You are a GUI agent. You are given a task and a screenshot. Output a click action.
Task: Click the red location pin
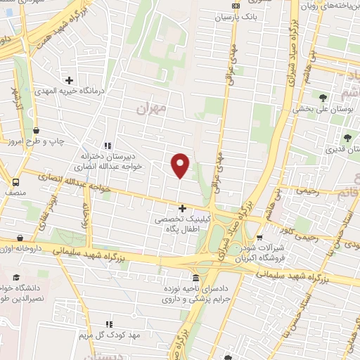[181, 165]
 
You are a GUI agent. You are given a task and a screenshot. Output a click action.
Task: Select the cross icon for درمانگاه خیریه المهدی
[69, 80]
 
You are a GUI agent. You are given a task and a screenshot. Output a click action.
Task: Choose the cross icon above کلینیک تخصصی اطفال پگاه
[182, 208]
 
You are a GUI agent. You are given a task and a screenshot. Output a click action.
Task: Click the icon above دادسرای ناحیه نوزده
[197, 278]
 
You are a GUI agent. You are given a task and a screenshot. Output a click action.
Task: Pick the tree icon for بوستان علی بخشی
[322, 98]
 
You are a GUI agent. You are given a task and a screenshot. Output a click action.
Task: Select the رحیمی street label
[307, 190]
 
